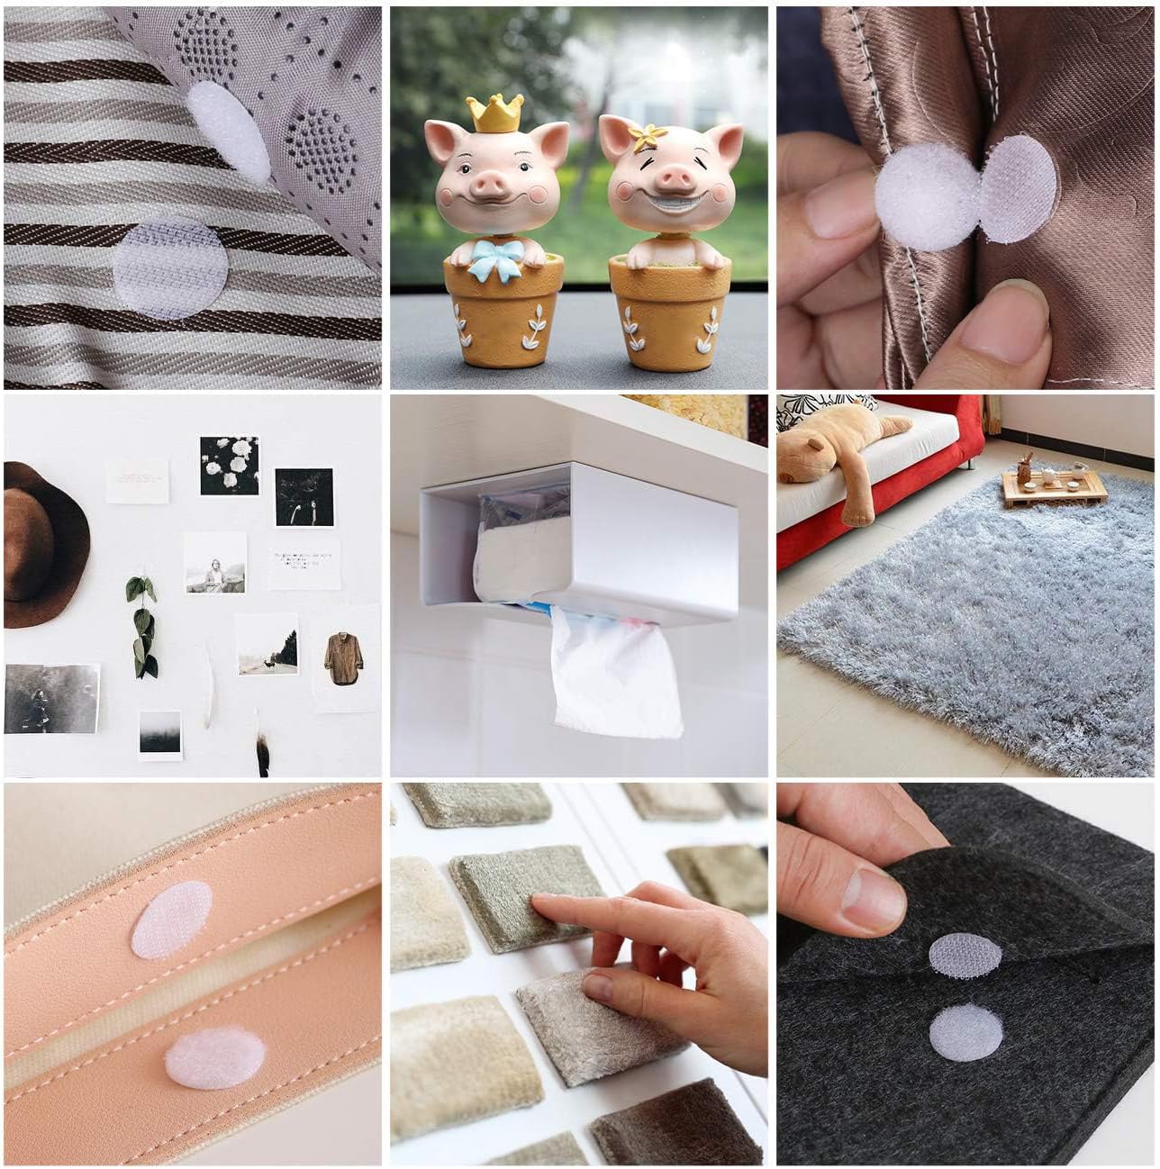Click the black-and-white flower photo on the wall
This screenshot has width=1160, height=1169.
tap(229, 466)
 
